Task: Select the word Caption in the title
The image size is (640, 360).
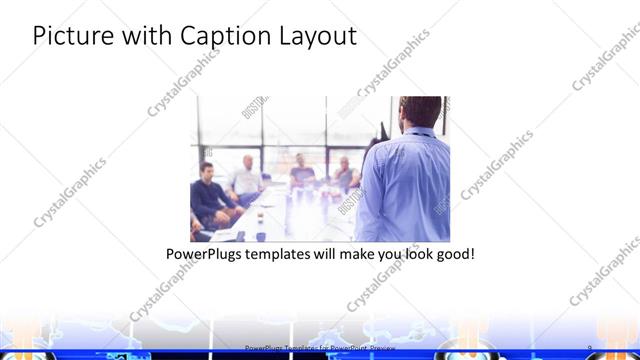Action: (224, 37)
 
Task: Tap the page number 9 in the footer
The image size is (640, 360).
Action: (591, 347)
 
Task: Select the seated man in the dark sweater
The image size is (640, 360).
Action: (210, 195)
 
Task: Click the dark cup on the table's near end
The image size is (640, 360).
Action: (260, 237)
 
